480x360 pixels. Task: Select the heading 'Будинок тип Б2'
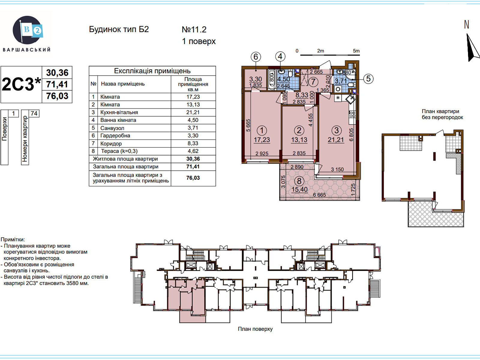click(x=119, y=29)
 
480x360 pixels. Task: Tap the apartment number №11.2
click(x=194, y=29)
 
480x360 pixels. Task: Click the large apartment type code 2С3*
click(x=21, y=84)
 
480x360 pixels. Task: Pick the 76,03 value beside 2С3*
click(x=57, y=96)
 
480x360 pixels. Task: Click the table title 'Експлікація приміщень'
click(x=152, y=71)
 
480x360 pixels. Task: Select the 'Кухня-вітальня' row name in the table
click(x=119, y=112)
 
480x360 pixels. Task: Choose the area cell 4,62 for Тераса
click(x=193, y=151)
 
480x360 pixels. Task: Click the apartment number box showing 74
click(x=34, y=113)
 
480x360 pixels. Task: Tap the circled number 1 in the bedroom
click(x=262, y=130)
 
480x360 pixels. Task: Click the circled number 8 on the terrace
click(x=299, y=181)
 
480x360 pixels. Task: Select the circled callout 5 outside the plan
click(x=368, y=79)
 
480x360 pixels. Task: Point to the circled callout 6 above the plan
click(x=256, y=57)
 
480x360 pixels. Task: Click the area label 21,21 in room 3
click(x=336, y=140)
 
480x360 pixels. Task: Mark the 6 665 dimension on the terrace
click(x=319, y=195)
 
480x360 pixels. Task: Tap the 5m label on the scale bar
click(x=356, y=51)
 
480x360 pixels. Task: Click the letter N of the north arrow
click(x=466, y=25)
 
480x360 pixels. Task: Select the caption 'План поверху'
click(x=255, y=329)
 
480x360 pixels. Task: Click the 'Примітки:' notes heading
click(x=13, y=239)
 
